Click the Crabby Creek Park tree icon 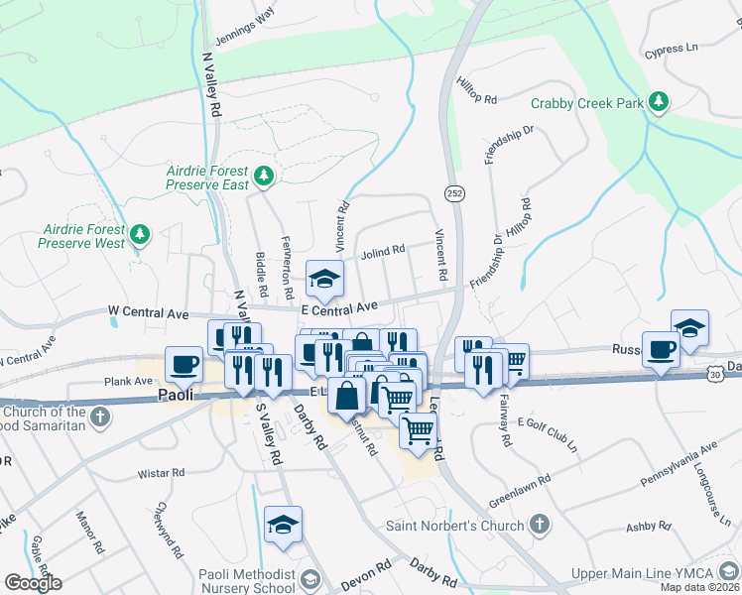pyautogui.click(x=657, y=102)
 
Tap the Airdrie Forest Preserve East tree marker pyautogui.click(x=263, y=177)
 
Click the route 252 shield pyautogui.click(x=454, y=191)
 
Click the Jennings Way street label pyautogui.click(x=245, y=17)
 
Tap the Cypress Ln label pyautogui.click(x=671, y=49)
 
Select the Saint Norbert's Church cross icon pyautogui.click(x=538, y=523)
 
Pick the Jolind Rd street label pyautogui.click(x=383, y=251)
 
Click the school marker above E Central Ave pyautogui.click(x=323, y=280)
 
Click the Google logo pyautogui.click(x=33, y=583)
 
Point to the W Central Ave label pyautogui.click(x=147, y=313)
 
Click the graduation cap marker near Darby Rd pyautogui.click(x=283, y=526)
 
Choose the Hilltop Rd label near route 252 pyautogui.click(x=477, y=90)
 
